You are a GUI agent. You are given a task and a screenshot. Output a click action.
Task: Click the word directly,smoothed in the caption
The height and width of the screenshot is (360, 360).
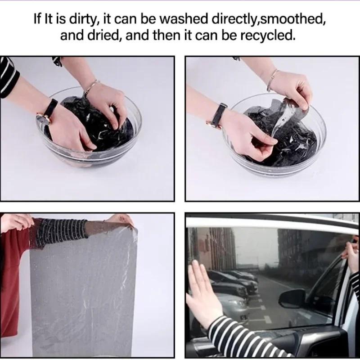pos(268,19)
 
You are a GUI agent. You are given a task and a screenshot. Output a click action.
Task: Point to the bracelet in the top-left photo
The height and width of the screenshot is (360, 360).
pos(90,86)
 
